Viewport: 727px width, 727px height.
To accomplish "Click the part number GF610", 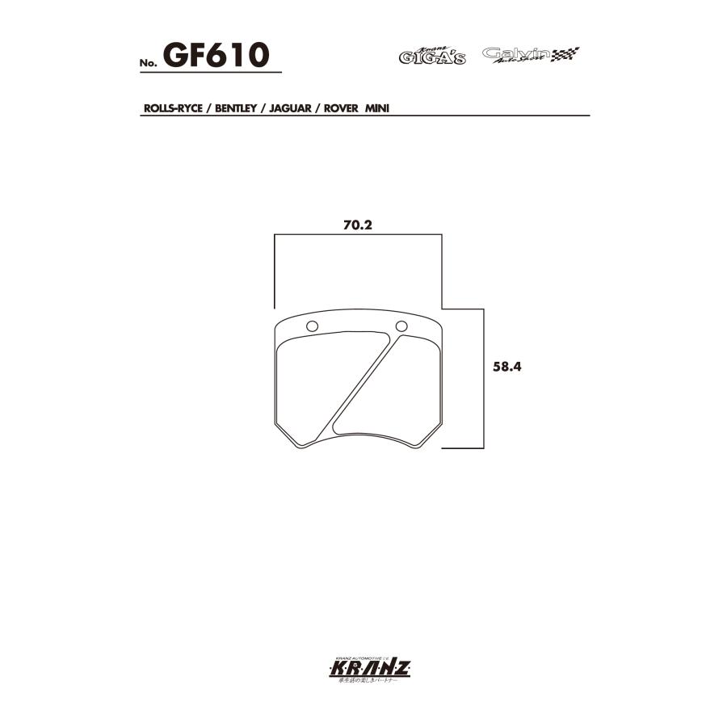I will pos(216,55).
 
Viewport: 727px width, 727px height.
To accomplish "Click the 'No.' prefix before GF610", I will pos(148,64).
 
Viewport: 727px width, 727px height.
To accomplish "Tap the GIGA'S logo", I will pos(431,57).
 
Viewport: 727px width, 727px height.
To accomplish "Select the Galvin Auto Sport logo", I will pos(516,55).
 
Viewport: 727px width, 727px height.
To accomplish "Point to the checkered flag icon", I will pos(565,55).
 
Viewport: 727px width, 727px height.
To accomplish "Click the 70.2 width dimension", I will pos(356,225).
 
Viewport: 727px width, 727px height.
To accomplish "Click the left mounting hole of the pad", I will pos(313,326).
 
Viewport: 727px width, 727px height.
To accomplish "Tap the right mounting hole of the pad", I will pos(401,326).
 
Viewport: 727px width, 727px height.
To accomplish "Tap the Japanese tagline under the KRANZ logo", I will pos(363,683).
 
